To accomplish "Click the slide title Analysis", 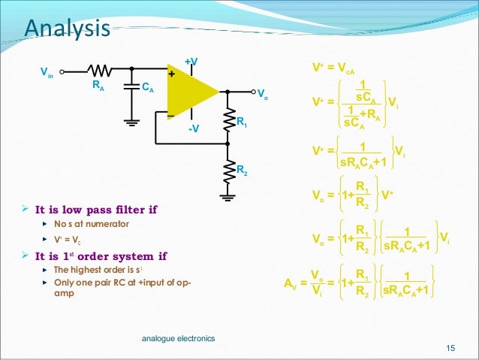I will (68, 28).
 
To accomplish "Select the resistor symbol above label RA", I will (101, 72).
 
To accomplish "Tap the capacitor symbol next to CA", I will (131, 87).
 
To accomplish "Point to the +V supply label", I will (191, 60).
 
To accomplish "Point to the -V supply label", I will (193, 129).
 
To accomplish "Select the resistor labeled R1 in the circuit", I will (227, 120).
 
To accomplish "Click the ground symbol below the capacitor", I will (131, 121).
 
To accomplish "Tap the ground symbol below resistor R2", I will (227, 198).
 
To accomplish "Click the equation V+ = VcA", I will (333, 68).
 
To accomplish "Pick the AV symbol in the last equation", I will (291, 284).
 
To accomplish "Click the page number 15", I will (450, 347).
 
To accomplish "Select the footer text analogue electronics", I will (178, 339).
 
